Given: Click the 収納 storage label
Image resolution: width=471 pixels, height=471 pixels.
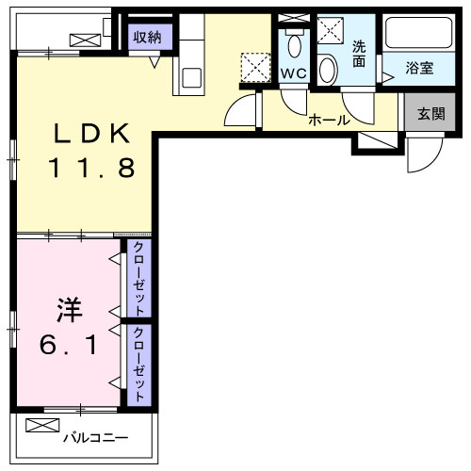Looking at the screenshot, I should pos(147,37).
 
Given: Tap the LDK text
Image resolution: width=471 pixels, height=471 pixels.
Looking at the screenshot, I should pos(90,135).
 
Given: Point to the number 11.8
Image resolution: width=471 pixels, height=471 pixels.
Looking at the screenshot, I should pos(91,170).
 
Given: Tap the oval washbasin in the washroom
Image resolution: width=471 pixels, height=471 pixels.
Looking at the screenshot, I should pos(327,68).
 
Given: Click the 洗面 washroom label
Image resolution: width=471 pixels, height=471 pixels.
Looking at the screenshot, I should pos(359,54).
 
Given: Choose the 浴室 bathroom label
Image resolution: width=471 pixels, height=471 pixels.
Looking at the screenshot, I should pos(420,68).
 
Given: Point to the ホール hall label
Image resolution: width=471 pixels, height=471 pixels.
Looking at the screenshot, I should pos(329,120).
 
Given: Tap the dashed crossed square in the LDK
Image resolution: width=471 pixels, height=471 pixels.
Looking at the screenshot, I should pos(253,67).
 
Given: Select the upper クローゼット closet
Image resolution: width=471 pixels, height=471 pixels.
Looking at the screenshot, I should pos(138,279).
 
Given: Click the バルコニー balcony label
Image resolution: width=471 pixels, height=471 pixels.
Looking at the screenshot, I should pos(95,437).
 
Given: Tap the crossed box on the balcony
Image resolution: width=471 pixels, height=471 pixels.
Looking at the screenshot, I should pos(42,426).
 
